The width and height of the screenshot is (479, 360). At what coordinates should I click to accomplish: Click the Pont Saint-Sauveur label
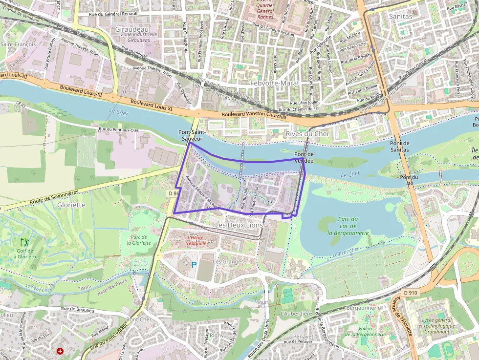(191, 135)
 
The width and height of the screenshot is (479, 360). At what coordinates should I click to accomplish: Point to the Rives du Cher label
(308, 134)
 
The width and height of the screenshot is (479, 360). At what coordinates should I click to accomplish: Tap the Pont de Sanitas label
(399, 146)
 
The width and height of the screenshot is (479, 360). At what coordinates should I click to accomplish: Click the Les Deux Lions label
(239, 225)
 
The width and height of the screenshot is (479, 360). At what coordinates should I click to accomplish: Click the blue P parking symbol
(194, 265)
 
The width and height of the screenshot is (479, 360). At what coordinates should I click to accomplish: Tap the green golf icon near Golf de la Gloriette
(24, 242)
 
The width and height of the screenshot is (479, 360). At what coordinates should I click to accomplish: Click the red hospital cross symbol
(60, 351)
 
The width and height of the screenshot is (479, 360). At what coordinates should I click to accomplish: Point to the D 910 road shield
(411, 293)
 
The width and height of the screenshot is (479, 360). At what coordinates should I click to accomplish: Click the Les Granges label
(228, 261)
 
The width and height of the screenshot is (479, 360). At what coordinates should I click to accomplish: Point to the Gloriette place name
(71, 205)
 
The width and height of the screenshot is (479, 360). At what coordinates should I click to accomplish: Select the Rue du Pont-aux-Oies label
(120, 129)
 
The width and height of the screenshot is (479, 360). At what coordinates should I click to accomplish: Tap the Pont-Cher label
(139, 319)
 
